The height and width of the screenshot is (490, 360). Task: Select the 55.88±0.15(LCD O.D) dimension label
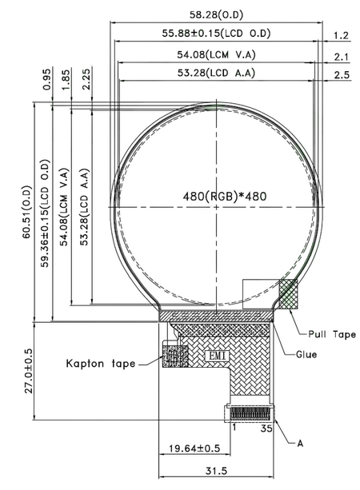click(x=214, y=34)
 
